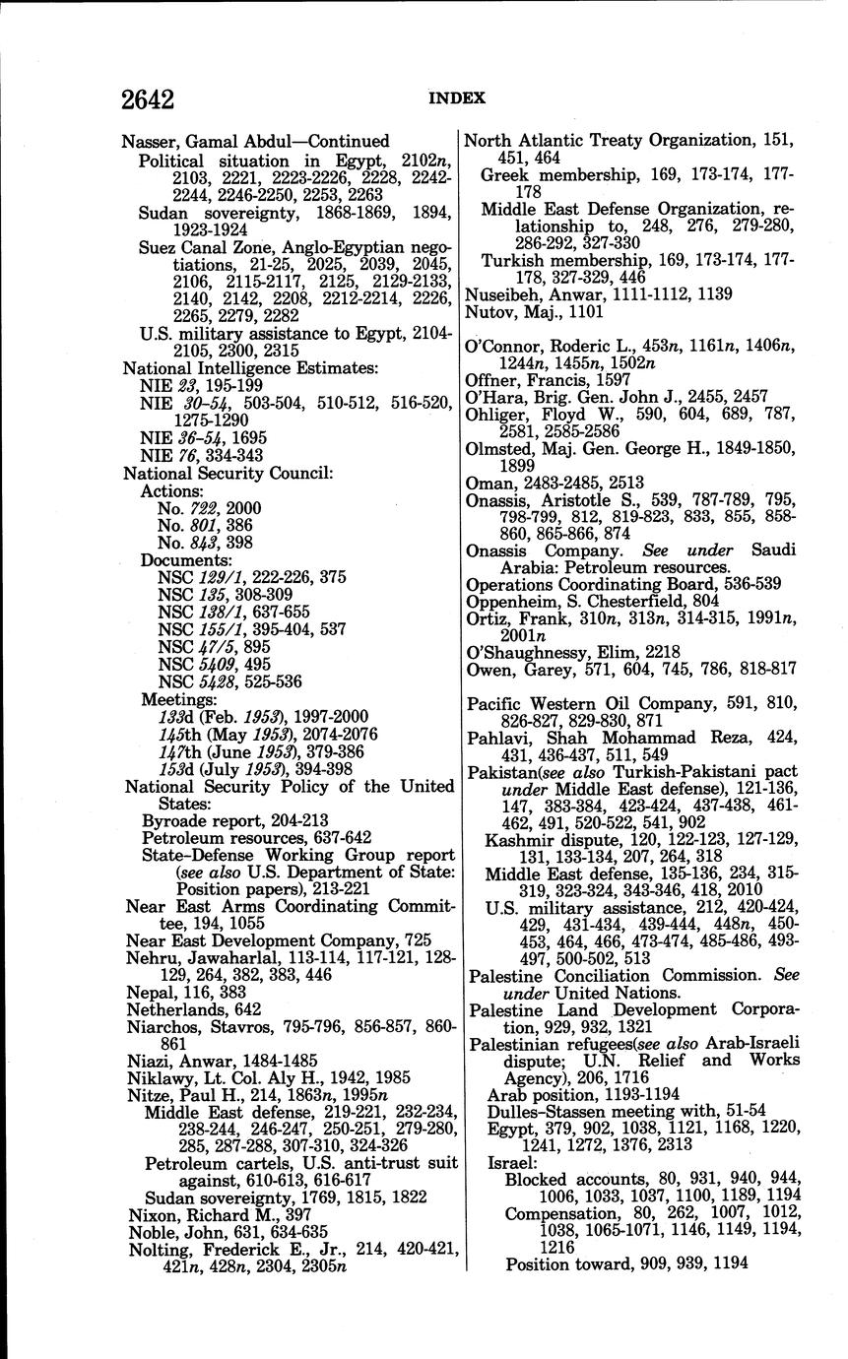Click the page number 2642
click(x=148, y=99)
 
